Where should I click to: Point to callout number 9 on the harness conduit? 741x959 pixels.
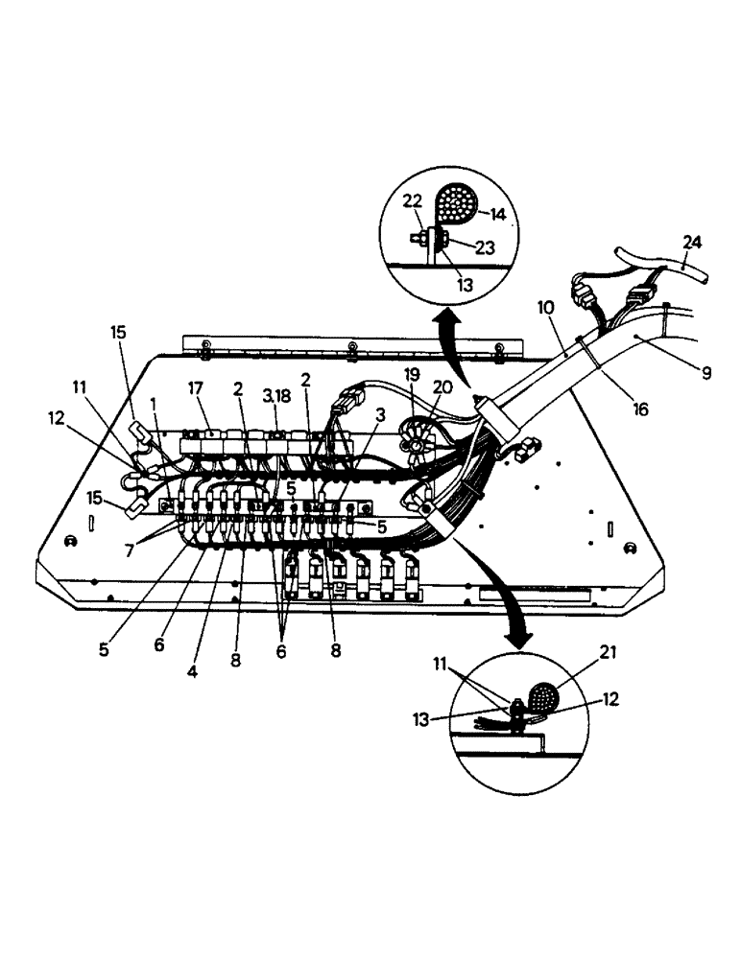(x=706, y=373)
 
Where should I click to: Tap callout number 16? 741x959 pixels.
(x=641, y=407)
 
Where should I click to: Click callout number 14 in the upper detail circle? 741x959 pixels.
(x=498, y=214)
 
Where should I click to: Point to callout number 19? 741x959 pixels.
(x=410, y=392)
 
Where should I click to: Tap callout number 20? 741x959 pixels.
(x=442, y=388)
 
